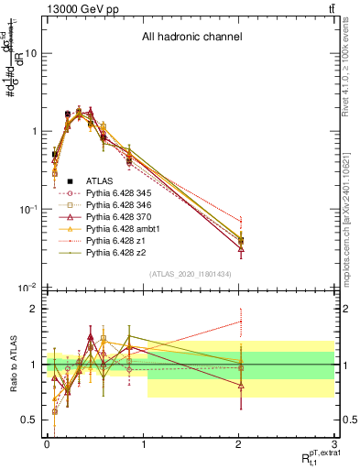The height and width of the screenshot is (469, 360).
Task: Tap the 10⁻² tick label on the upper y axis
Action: pos(27,289)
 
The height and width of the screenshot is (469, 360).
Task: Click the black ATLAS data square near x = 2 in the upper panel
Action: pos(240,240)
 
